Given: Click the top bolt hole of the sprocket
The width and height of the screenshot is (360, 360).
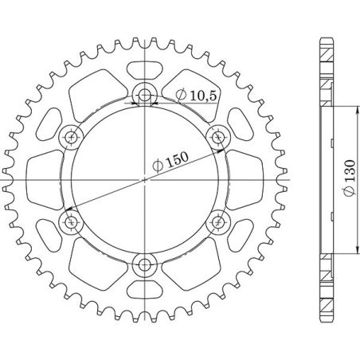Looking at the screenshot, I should (144, 96).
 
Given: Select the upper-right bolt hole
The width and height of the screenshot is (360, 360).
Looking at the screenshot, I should (217, 137).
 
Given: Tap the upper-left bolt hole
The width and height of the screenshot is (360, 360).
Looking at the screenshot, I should (72, 137).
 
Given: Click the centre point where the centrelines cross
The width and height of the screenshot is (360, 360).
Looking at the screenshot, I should (144, 180).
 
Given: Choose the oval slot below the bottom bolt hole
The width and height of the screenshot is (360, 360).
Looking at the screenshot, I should (144, 292).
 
